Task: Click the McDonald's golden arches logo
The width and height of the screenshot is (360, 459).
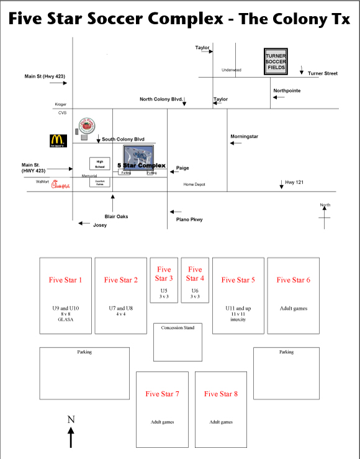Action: [x=58, y=141]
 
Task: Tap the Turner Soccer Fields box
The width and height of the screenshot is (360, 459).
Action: [x=277, y=62]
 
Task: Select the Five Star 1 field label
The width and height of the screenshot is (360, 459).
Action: [x=65, y=280]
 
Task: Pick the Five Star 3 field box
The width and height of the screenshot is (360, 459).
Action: [x=164, y=280]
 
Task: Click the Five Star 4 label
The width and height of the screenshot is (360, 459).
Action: [x=195, y=274]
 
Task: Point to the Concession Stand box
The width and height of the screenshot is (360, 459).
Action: [x=177, y=342]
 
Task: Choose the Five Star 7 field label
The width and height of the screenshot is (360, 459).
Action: [x=162, y=394]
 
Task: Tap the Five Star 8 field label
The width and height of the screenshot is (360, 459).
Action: [x=221, y=394]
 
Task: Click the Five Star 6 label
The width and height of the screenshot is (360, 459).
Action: [x=293, y=280]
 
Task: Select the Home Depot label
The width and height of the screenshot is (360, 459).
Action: [x=194, y=184]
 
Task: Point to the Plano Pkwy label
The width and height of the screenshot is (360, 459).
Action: [x=189, y=220]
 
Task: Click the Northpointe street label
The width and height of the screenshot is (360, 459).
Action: [x=287, y=91]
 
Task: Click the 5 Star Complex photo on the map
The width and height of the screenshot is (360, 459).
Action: [x=139, y=158]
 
